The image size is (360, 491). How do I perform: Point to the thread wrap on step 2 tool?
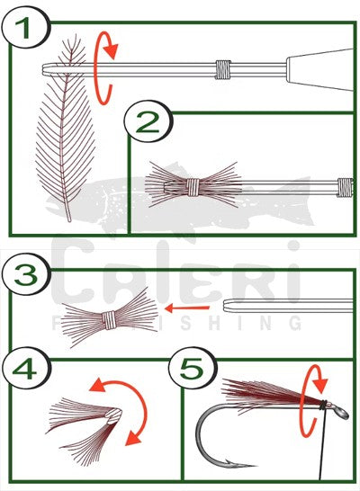(x=346, y=187)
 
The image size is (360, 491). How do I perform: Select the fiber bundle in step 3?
(x=108, y=316)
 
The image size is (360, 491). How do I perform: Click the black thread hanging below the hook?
(x=317, y=450)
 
